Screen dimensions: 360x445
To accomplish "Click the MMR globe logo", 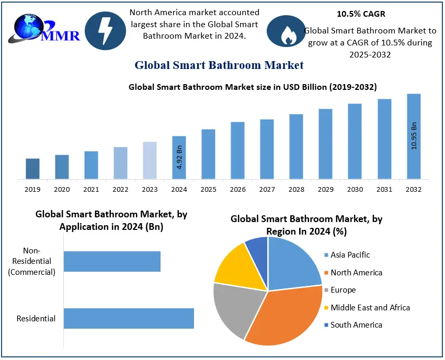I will coord(44,29).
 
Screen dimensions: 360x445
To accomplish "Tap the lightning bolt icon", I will coord(105,31).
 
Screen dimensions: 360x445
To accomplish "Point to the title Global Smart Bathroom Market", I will coord(219,65).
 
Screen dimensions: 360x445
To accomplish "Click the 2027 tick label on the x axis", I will coord(267,189).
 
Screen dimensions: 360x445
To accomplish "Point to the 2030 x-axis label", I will coord(355,189).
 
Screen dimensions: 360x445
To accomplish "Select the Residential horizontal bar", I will coord(129,318).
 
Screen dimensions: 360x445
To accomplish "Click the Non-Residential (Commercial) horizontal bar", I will coord(112,261).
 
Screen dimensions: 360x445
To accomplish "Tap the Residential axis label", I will coord(36,318).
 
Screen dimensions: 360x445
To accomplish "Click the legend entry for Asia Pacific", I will coord(350,255).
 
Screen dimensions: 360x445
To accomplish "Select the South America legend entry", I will coord(356,325).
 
